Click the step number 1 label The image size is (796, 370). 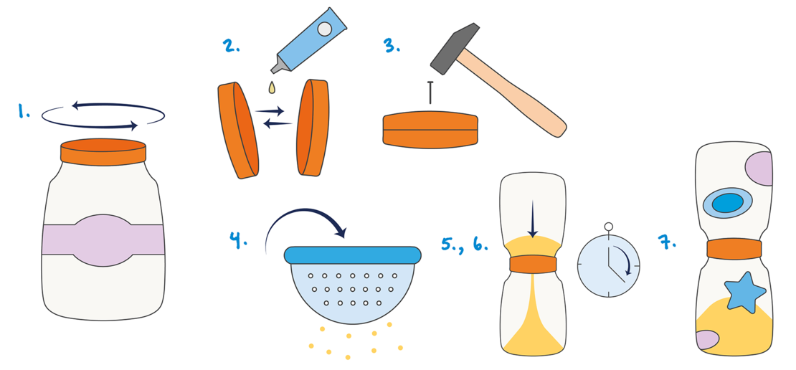click(x=24, y=110)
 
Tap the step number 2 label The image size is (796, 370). click(x=231, y=45)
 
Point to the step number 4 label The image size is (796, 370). click(x=238, y=239)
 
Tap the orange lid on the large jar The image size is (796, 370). click(x=103, y=152)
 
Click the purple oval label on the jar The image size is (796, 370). click(x=103, y=240)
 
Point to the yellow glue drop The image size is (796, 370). click(x=272, y=87)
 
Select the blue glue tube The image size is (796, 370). click(x=308, y=40)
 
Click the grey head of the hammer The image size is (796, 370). click(x=455, y=48)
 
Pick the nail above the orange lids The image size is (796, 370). click(x=430, y=92)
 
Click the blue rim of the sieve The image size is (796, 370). click(x=353, y=255)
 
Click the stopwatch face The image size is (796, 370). click(x=609, y=265)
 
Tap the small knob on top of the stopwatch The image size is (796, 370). click(x=609, y=227)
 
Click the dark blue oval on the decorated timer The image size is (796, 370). click(x=727, y=203)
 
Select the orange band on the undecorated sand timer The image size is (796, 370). click(x=533, y=265)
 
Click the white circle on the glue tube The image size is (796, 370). click(x=324, y=29)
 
